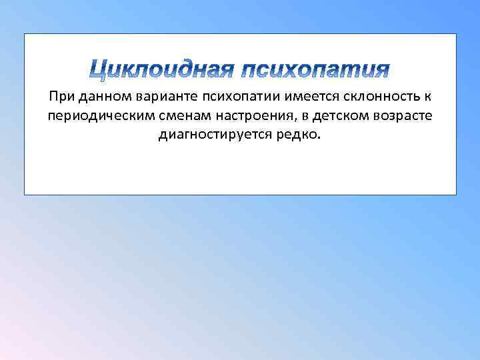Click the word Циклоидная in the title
[x=161, y=69]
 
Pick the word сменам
[x=173, y=117]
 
